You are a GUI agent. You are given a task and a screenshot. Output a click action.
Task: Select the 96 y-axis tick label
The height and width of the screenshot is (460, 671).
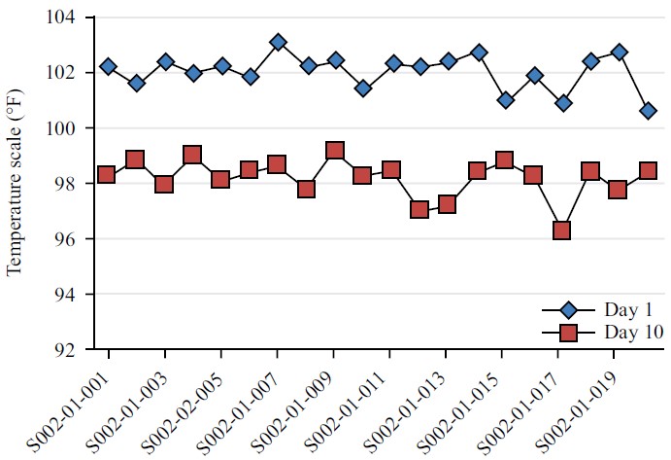point(70,239)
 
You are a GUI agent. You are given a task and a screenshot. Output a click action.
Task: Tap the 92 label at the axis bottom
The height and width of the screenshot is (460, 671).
point(70,350)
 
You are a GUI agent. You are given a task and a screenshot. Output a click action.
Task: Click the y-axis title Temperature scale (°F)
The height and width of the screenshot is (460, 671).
point(15,185)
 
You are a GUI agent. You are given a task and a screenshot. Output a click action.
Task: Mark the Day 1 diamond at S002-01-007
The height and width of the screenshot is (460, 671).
point(278,42)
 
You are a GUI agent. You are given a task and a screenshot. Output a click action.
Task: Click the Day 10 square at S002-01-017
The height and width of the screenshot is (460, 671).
point(560,230)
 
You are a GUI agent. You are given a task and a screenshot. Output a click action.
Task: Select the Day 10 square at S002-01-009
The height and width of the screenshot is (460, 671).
point(335,151)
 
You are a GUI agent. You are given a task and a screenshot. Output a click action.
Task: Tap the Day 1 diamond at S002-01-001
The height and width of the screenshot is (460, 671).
point(108,66)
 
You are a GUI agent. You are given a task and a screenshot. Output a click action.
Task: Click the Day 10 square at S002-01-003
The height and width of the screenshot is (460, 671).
point(164,184)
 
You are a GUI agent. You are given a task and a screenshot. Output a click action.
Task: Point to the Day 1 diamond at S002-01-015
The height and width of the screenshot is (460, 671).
point(505,100)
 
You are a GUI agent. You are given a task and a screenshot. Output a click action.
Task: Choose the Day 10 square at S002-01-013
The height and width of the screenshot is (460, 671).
point(448,204)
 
